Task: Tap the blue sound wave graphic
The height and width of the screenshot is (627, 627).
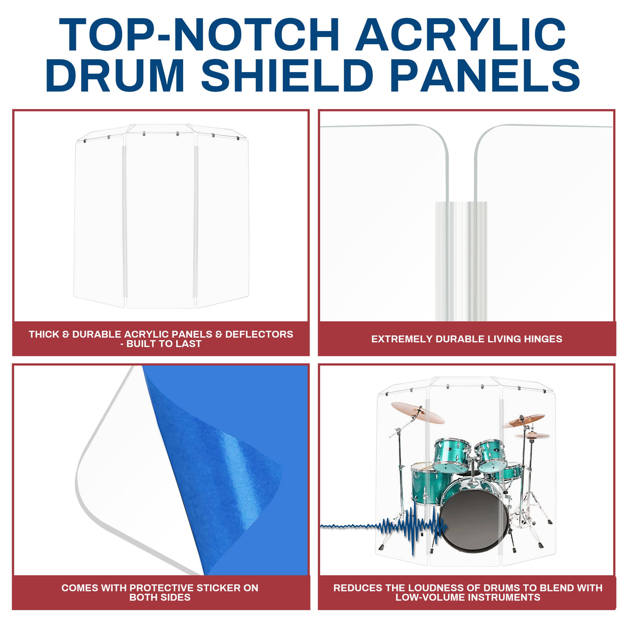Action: click(406, 526)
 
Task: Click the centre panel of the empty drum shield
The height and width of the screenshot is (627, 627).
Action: click(160, 221)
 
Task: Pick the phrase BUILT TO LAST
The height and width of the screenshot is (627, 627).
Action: click(164, 344)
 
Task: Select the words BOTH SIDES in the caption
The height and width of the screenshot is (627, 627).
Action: click(160, 597)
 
